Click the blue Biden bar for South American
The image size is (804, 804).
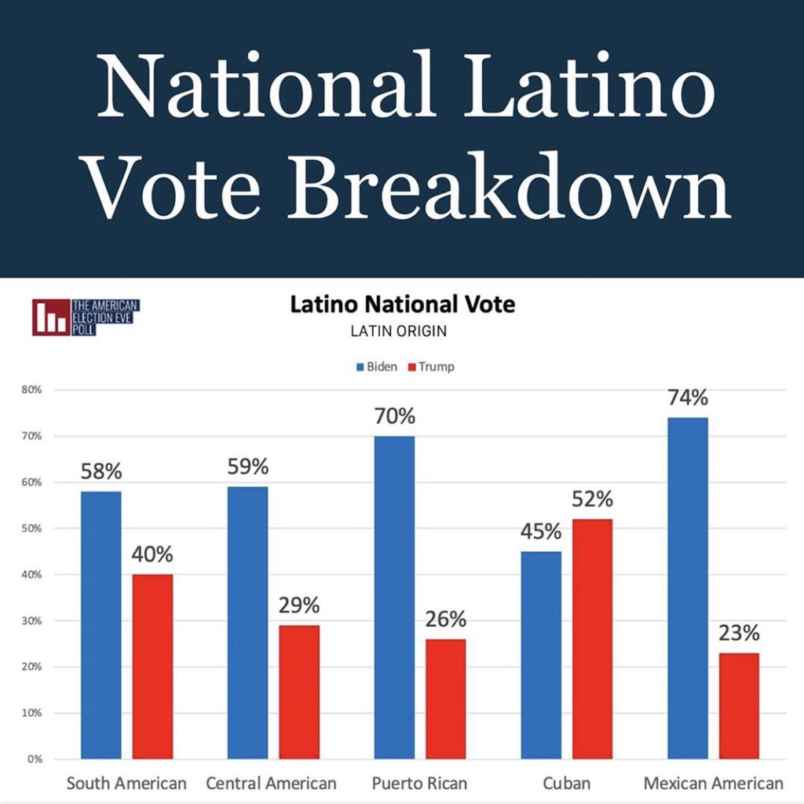pyautogui.click(x=101, y=624)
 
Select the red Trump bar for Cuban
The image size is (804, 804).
pyautogui.click(x=592, y=638)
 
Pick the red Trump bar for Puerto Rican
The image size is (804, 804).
pyautogui.click(x=445, y=699)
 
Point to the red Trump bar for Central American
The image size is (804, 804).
pyautogui.click(x=299, y=692)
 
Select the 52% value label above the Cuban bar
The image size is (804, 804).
pyautogui.click(x=592, y=499)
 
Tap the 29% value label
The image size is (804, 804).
pyautogui.click(x=299, y=605)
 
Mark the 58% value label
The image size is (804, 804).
pyautogui.click(x=101, y=473)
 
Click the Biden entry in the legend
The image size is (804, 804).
pyautogui.click(x=377, y=367)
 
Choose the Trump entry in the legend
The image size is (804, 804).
pyautogui.click(x=431, y=367)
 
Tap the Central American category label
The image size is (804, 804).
pyautogui.click(x=271, y=783)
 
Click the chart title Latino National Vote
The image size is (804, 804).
pyautogui.click(x=402, y=305)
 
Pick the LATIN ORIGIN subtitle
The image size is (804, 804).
pyautogui.click(x=399, y=331)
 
